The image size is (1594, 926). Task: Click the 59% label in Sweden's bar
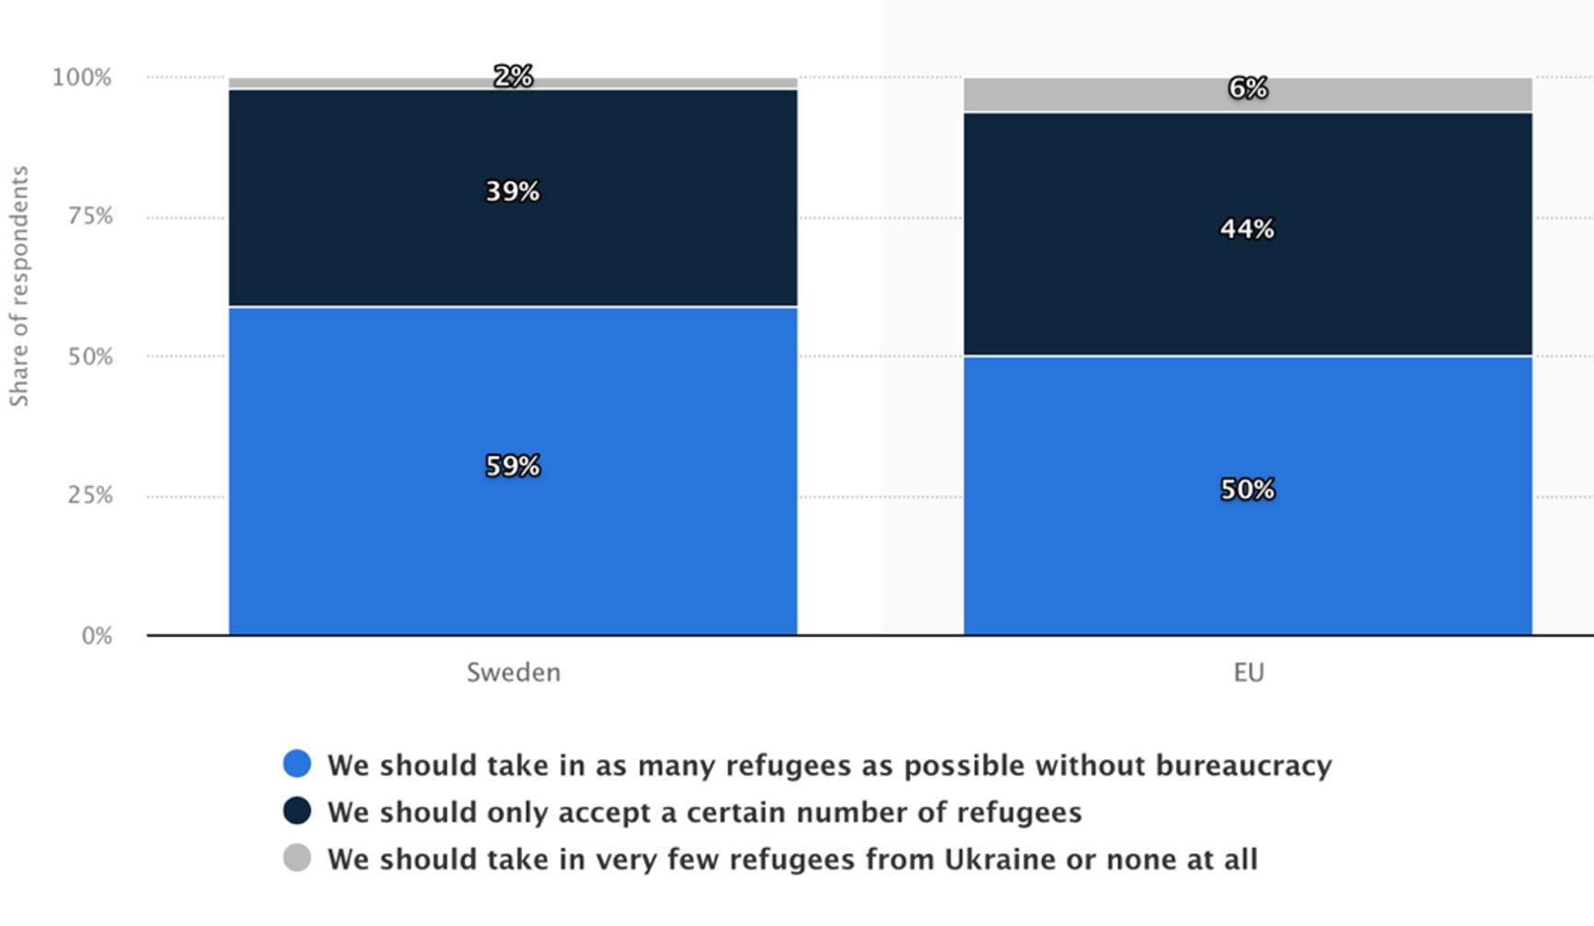[513, 467]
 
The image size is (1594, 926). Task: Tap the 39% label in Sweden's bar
[513, 191]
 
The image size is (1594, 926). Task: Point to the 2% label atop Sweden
[513, 76]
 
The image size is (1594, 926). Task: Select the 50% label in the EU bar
[1247, 490]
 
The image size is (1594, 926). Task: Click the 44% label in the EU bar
[1247, 229]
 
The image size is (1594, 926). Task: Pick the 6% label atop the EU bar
[1247, 88]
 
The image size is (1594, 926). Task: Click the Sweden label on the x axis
[513, 673]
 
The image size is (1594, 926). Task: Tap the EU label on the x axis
[1248, 673]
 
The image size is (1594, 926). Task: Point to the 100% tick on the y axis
[82, 77]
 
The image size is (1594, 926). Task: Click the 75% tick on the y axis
[90, 216]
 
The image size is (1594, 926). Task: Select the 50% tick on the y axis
[90, 357]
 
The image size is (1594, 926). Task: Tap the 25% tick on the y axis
[90, 495]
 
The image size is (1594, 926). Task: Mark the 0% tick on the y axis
[97, 636]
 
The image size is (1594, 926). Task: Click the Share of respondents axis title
[19, 286]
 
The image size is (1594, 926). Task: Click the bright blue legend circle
[297, 764]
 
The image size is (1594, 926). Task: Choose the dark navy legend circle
[297, 811]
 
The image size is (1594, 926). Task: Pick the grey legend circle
[297, 858]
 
